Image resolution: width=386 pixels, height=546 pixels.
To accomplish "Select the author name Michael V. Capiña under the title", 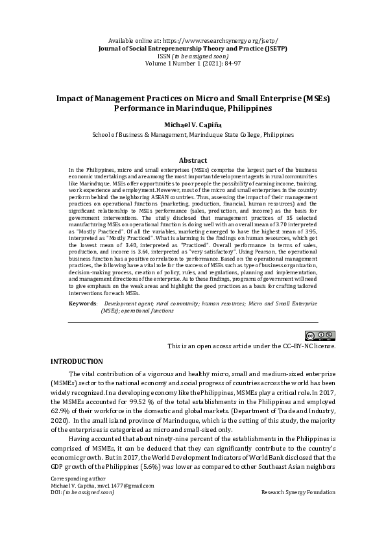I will (x=193, y=123).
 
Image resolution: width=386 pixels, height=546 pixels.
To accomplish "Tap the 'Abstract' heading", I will (x=193, y=160).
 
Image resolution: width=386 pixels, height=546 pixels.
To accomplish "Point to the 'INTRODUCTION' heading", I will (x=77, y=361).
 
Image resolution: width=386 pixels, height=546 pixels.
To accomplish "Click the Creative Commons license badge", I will (x=320, y=335).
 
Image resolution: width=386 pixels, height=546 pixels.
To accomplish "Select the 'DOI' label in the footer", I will (x=56, y=510).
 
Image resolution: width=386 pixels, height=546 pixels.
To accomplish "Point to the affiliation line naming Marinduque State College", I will (x=193, y=135).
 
